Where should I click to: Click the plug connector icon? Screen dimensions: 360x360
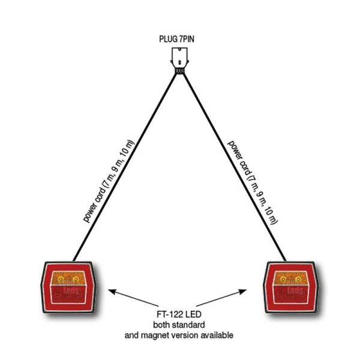tap(179, 58)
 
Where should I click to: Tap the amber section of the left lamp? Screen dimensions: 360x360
tap(67, 278)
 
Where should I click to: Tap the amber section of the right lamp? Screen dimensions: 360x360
tap(292, 278)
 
